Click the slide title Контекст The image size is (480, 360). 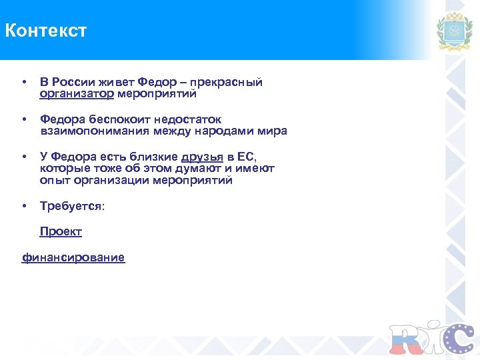45,31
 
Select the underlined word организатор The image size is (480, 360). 77,94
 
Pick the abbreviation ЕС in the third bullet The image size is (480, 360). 246,157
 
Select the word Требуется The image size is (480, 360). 71,206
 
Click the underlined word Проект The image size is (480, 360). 61,231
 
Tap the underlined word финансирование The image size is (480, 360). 73,257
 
